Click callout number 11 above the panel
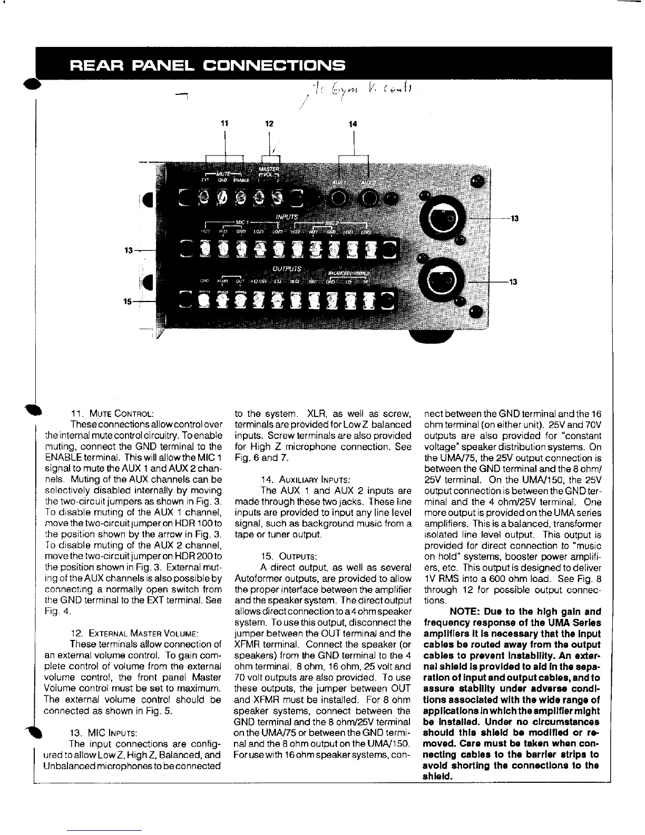(226, 123)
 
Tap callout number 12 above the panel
(269, 123)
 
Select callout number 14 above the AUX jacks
(353, 123)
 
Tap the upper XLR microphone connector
(441, 217)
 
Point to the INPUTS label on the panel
(287, 217)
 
